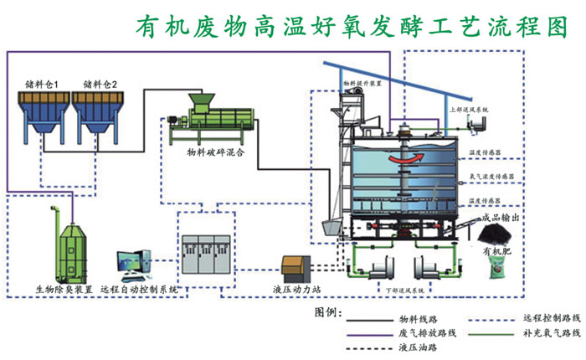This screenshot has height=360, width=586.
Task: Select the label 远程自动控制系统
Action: pos(139,289)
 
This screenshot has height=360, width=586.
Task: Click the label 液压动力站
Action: pos(297,290)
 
